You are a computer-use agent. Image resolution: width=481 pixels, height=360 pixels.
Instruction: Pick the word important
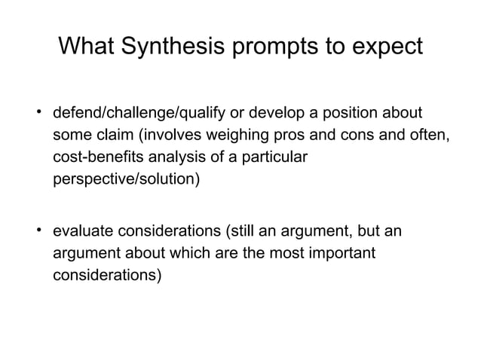coord(338,252)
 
